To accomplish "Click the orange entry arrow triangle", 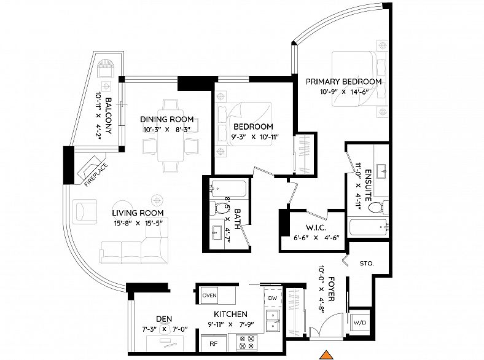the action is pos(327,355).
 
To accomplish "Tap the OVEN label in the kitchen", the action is pos(209,295).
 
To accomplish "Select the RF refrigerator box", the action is pos(214,343).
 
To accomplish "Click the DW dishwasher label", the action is pos(273,298).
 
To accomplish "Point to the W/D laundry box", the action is pos(360,323).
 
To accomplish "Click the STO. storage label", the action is pos(367,264).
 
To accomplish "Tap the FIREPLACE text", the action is pos(96,174).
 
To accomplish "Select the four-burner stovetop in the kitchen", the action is pos(247,342).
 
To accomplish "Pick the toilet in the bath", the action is pos(218,208).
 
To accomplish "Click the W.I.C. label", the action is pos(316,228).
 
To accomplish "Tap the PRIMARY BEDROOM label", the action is pos(343,82).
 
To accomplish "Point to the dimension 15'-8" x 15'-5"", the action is pos(138,223).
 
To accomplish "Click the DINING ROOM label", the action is pos(166,119).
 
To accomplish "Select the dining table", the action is pos(170,135).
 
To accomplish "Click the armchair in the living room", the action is pos(85,211).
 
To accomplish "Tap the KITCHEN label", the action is pos(230,315).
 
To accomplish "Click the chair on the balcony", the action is pos(106,68).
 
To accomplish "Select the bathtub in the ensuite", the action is pos(368,228).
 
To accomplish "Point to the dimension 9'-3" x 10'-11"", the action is pos(255,137).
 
